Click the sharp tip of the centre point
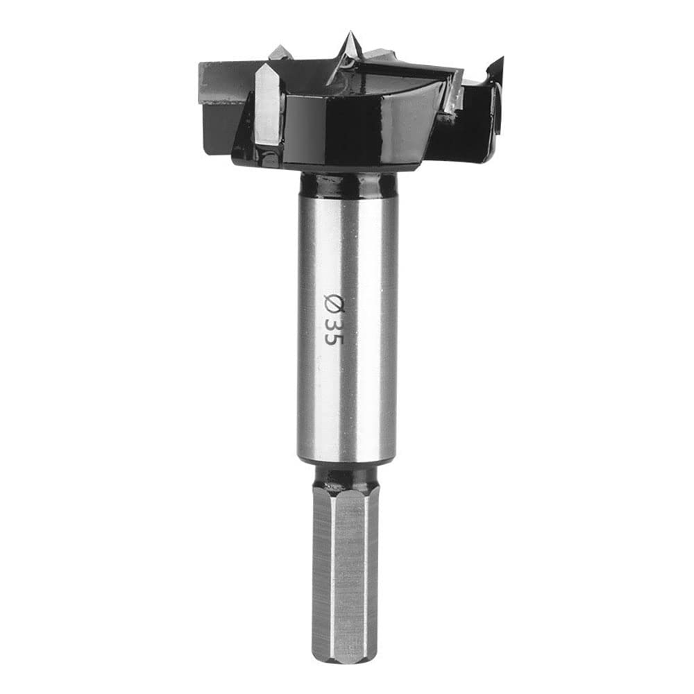click(349, 31)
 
